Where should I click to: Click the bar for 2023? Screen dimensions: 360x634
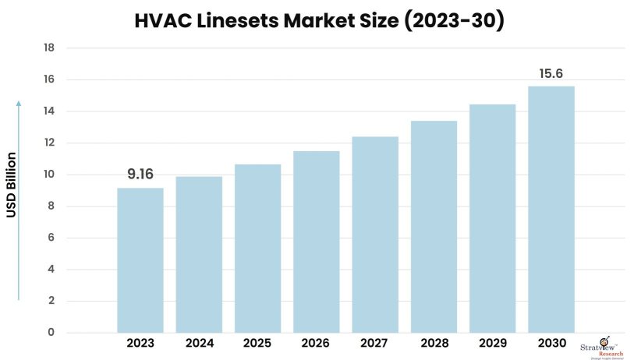pos(140,260)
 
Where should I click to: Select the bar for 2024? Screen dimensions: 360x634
pos(199,255)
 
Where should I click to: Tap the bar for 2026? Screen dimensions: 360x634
pos(316,242)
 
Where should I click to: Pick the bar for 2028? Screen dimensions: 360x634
pos(434,227)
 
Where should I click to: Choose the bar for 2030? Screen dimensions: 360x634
pos(551,210)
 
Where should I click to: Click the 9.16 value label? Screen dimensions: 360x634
pos(140,174)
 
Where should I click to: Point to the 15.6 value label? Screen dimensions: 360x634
pos(551,73)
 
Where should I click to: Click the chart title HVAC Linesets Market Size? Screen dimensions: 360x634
pos(317,21)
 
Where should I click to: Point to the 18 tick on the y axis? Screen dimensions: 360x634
pos(49,48)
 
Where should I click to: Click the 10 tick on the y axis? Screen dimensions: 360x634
pos(49,175)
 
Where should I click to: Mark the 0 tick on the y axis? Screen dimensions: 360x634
pos(51,333)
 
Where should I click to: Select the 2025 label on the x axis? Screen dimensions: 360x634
pos(257,344)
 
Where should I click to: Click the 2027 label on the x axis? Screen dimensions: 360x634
pos(375,344)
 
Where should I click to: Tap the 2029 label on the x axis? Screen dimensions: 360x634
pos(492,344)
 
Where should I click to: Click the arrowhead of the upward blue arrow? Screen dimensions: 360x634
pos(19,104)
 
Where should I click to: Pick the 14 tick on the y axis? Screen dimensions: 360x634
pos(49,111)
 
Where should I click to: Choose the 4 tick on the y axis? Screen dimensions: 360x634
pos(51,270)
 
